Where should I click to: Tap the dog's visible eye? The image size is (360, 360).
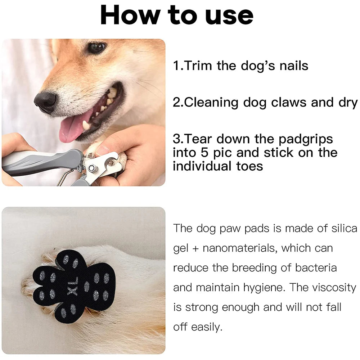click(96, 47)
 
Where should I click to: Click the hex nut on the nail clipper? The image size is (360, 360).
click(92, 168)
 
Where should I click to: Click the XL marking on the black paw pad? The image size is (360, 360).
click(73, 286)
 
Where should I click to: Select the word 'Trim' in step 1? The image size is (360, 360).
click(198, 66)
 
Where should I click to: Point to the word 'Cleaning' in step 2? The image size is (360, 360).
click(211, 103)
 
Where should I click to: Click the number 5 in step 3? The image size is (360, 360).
click(204, 153)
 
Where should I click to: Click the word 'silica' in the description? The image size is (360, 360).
click(344, 228)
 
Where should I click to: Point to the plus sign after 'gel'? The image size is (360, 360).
click(195, 249)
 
